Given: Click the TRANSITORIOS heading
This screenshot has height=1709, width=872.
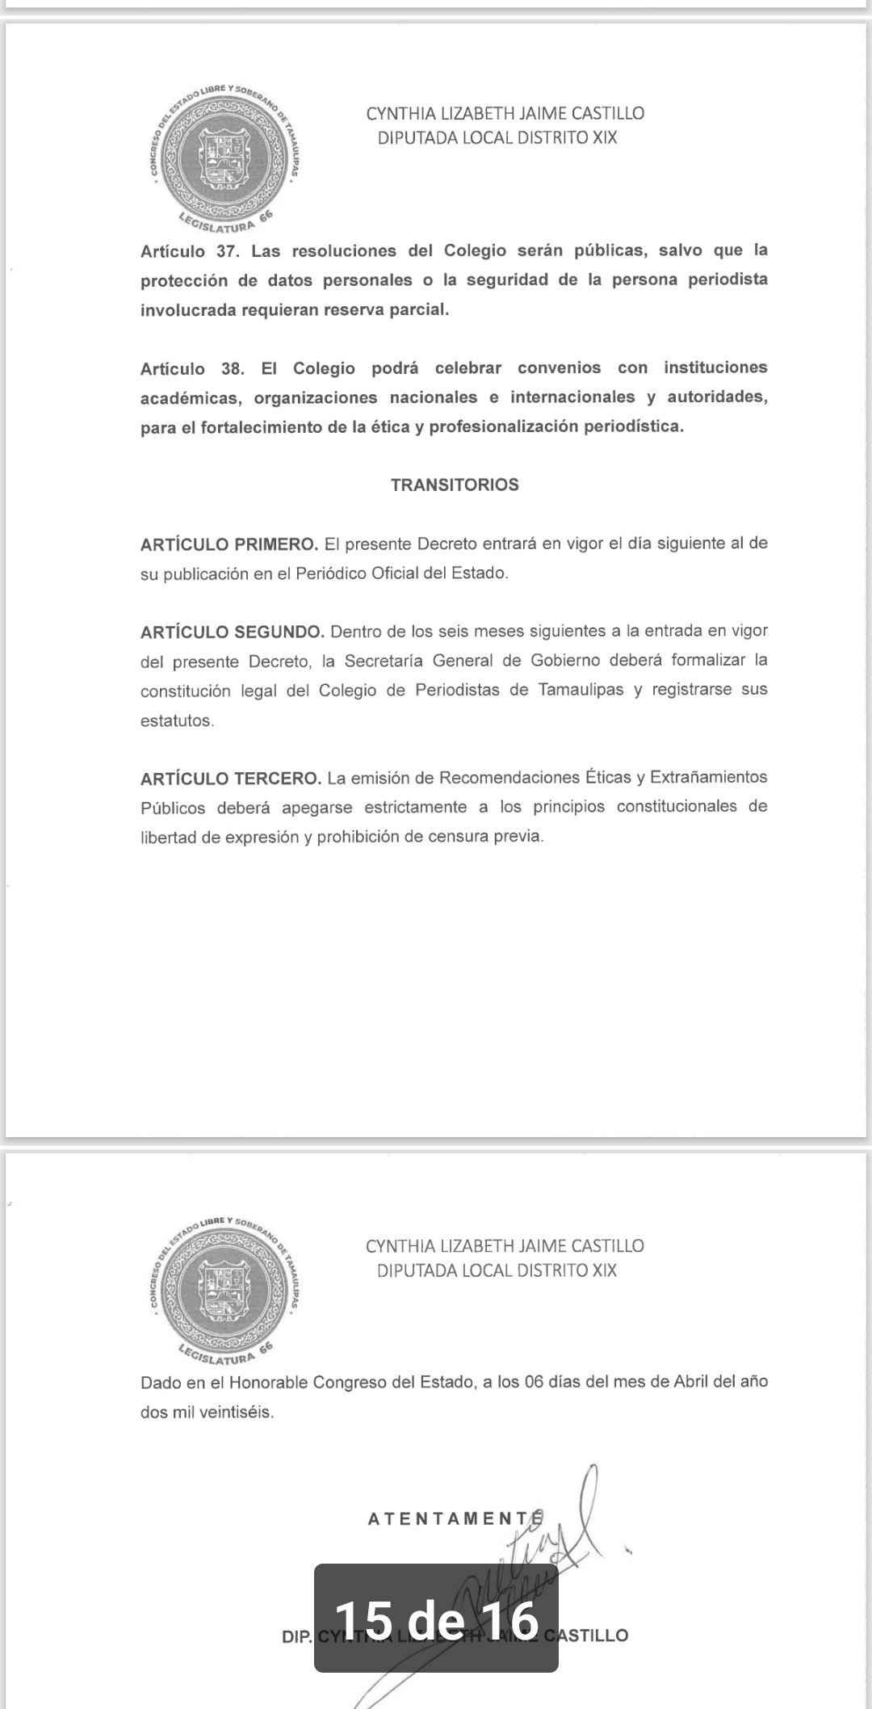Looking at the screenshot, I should coord(455,485).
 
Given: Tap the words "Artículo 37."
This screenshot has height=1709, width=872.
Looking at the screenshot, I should coord(190,251).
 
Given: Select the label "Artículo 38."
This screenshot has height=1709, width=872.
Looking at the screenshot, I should coord(192,369).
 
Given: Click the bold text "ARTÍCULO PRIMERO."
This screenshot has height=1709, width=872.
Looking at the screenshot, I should coord(229,544).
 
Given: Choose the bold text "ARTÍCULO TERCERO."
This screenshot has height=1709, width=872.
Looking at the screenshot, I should coord(231,779).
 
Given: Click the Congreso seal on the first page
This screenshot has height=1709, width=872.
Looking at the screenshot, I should coord(224,158).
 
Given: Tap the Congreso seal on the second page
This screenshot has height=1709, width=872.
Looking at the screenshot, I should coord(224,1291).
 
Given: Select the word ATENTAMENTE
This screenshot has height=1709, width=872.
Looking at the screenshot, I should coord(452,1519).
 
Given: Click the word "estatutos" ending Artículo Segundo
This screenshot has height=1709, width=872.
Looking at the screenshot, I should coord(176,720).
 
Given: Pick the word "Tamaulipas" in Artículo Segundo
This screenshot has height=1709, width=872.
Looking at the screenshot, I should coord(581,691).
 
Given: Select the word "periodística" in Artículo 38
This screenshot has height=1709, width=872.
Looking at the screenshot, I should coord(635,426).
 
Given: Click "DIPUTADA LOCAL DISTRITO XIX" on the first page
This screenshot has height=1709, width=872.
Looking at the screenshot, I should coord(497,138).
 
